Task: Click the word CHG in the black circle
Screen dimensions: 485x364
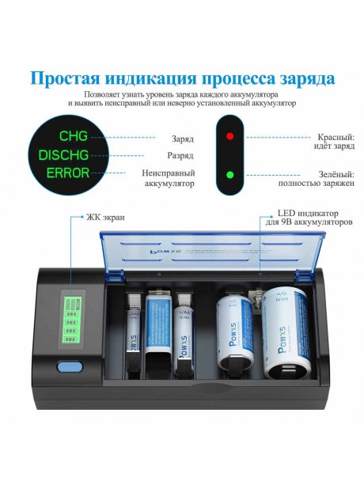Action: click(x=74, y=136)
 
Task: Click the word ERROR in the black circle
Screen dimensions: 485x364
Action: click(x=67, y=172)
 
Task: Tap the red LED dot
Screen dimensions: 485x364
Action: click(x=230, y=136)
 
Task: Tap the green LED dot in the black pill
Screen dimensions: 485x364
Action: click(x=230, y=175)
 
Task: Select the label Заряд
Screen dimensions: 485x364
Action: click(x=182, y=138)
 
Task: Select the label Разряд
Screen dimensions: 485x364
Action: click(x=180, y=156)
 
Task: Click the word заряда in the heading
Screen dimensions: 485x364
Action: click(x=302, y=78)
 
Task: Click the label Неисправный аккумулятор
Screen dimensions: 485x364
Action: click(x=169, y=178)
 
